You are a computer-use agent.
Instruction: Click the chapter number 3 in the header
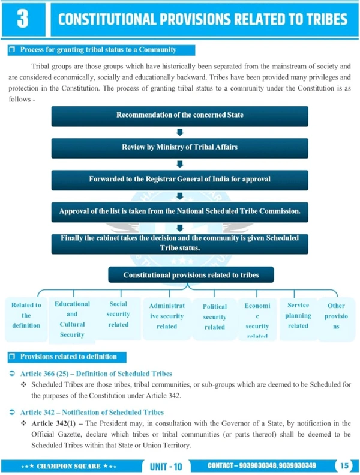(x=22, y=20)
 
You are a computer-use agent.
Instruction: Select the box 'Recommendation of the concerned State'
(x=179, y=115)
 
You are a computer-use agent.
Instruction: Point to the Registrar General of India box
(x=179, y=179)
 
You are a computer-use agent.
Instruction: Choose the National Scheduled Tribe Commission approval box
(x=179, y=211)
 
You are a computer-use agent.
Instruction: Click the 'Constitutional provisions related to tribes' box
(x=191, y=275)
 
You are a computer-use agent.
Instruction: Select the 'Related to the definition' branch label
(x=26, y=315)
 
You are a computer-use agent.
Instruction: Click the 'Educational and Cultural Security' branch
(x=72, y=319)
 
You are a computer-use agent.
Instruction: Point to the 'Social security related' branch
(x=118, y=314)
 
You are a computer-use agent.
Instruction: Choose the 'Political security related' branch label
(x=214, y=316)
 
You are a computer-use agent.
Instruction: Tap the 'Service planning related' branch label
(x=298, y=315)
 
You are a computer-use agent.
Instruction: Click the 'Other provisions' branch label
(x=336, y=316)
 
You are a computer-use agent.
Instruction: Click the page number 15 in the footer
(x=344, y=465)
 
